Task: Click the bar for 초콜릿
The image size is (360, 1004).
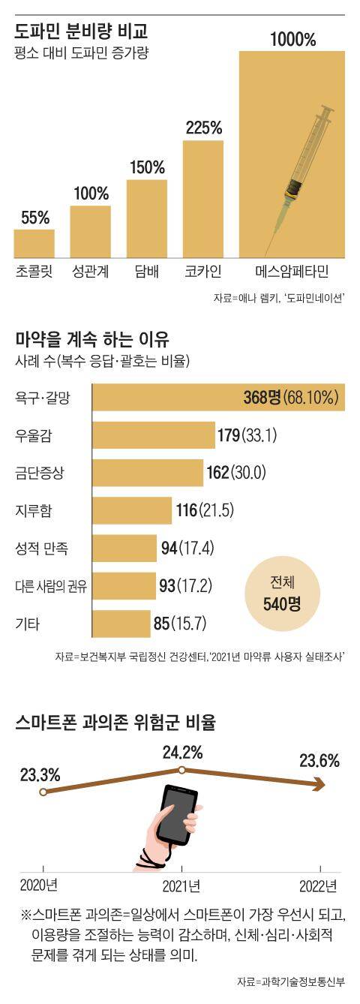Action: pos(34,242)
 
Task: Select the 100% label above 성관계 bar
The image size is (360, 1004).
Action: pos(91,193)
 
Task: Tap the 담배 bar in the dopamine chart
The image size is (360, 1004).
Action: pos(147,218)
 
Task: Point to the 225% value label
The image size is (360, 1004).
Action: pos(203,128)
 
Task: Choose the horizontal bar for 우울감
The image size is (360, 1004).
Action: pos(154,434)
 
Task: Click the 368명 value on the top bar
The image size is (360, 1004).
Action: pos(260,397)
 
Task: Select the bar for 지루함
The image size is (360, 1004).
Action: pos(131,511)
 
